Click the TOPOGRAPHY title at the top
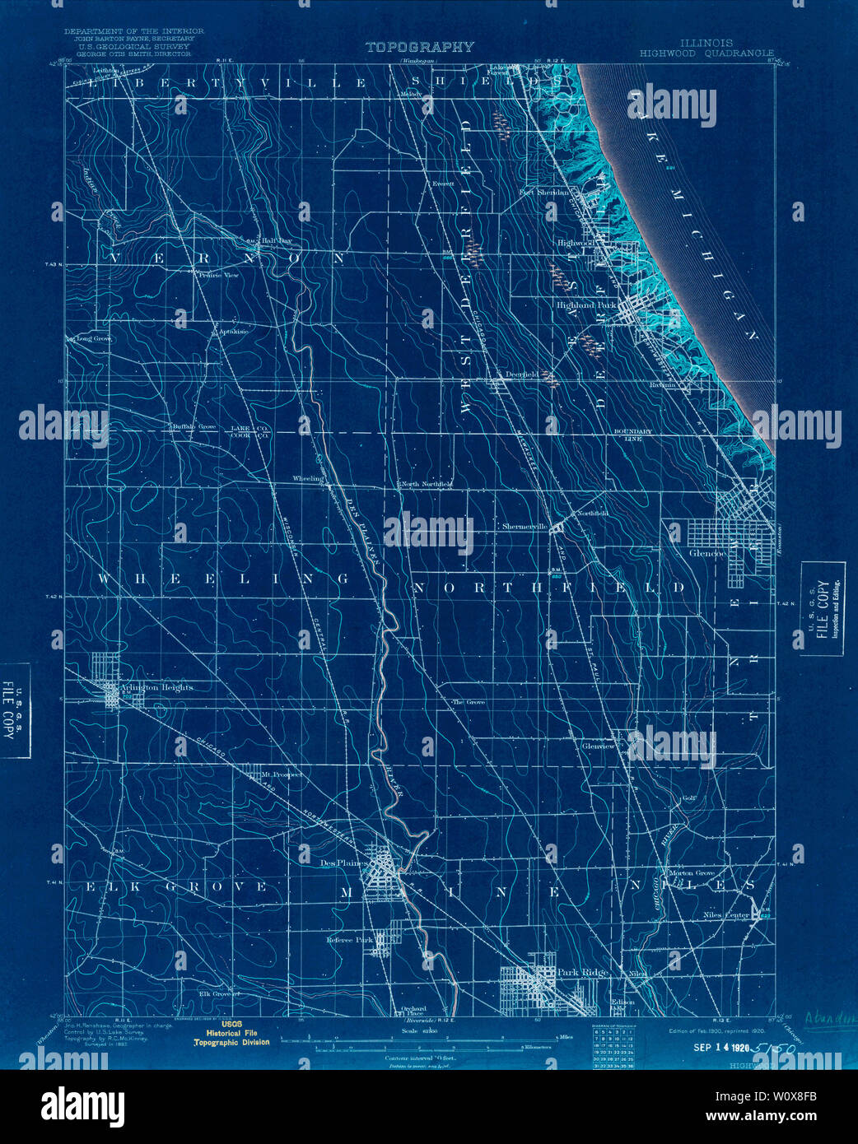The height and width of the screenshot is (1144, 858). [x=419, y=48]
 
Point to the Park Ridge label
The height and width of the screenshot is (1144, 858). [x=583, y=973]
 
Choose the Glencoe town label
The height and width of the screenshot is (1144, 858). [x=707, y=554]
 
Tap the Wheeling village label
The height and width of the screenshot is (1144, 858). [x=309, y=478]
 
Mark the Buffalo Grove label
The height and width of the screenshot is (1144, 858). [x=194, y=426]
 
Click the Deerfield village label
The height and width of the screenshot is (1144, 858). [x=521, y=374]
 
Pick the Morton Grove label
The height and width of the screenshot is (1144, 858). [x=692, y=872]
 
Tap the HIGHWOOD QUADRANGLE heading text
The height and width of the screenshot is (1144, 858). [x=706, y=53]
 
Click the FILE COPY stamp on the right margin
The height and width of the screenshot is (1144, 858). [x=823, y=608]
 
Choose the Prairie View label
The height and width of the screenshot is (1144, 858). [x=218, y=276]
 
